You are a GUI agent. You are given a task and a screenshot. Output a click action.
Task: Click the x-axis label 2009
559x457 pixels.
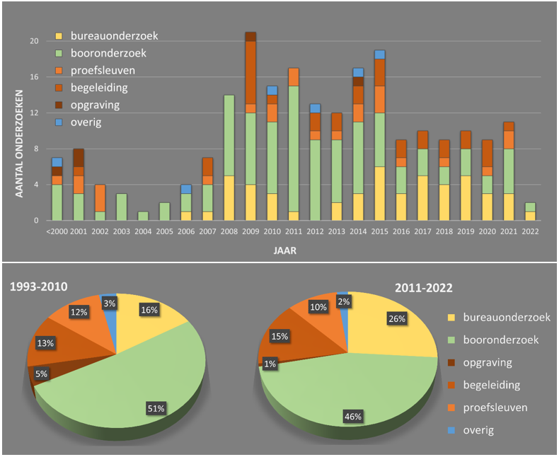pyautogui.click(x=250, y=231)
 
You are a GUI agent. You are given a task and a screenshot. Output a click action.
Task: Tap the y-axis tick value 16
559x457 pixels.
pyautogui.click(x=34, y=77)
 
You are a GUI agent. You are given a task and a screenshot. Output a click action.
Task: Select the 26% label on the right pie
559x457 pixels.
pyautogui.click(x=397, y=319)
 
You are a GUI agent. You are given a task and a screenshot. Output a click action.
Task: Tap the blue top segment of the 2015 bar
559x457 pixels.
pyautogui.click(x=380, y=54)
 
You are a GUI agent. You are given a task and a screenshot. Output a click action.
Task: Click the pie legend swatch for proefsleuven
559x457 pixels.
pyautogui.click(x=455, y=407)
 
